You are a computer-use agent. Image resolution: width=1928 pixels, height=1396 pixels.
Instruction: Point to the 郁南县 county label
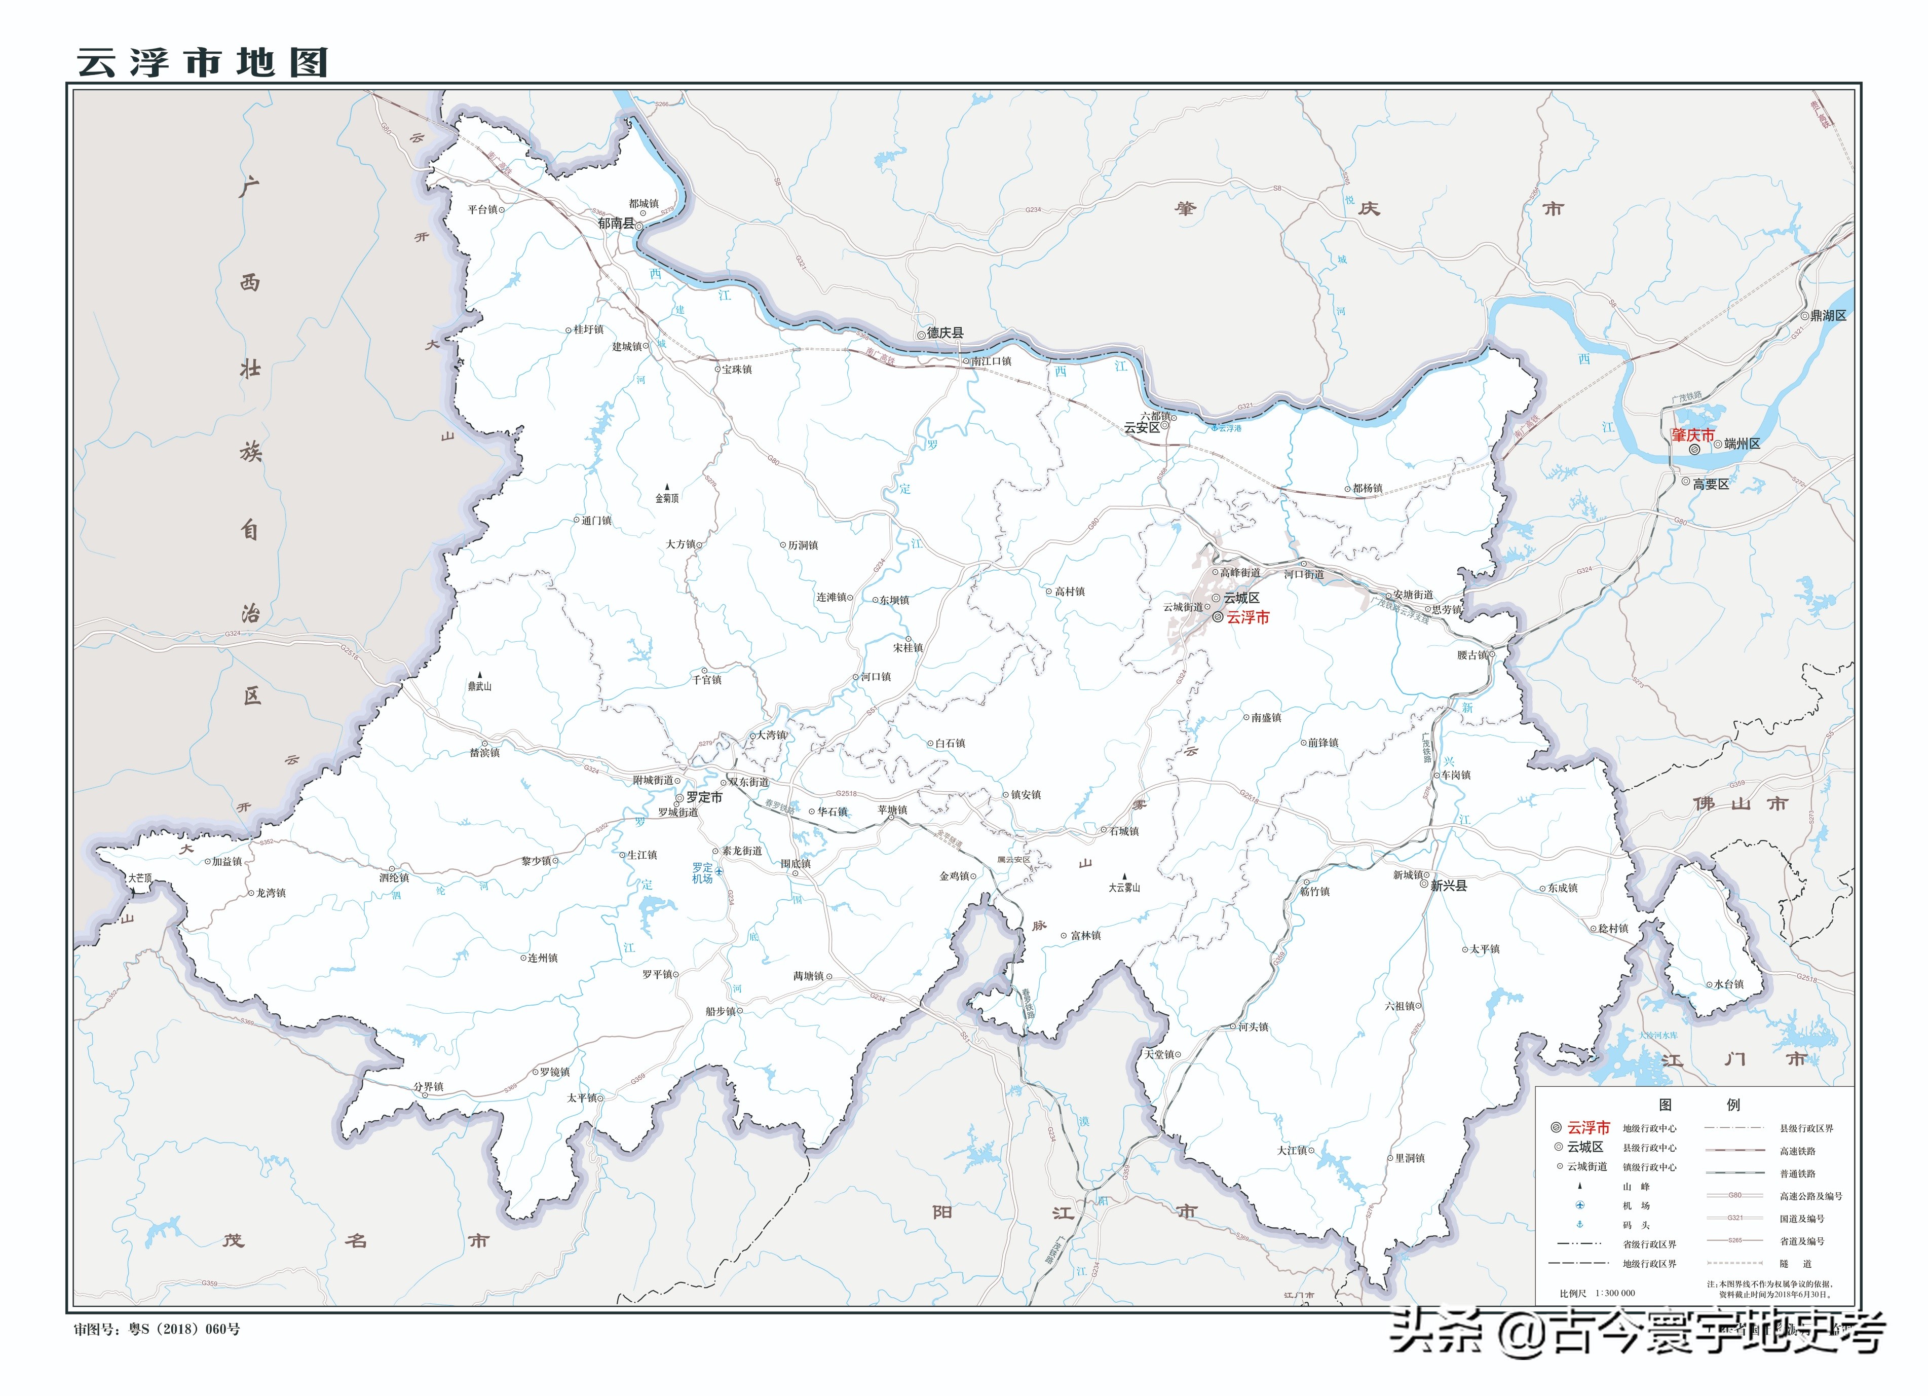coord(616,224)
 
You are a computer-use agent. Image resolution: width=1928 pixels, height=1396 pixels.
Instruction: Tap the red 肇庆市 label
coord(1692,435)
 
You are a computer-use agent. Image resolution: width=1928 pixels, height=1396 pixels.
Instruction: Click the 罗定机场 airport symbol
coord(719,871)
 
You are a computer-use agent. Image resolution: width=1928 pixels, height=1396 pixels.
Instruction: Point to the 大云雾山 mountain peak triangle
coord(1125,876)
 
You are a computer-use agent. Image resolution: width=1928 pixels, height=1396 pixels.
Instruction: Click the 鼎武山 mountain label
coord(479,686)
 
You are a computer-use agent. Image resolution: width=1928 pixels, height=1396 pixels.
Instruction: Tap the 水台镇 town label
coord(1728,984)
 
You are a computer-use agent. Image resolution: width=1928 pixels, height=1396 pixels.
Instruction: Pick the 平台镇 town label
coord(483,209)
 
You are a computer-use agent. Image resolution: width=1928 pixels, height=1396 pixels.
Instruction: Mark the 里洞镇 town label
coord(1410,1158)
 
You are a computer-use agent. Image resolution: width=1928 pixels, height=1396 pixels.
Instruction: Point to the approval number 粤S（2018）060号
coord(183,1329)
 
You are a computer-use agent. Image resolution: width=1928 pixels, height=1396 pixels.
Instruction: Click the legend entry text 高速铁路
coord(1797,1151)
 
